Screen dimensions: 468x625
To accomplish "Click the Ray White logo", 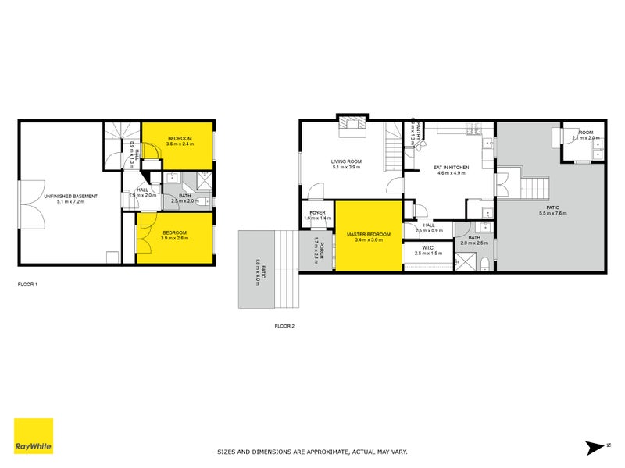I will point(34,436).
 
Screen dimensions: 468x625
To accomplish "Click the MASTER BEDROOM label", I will point(368,233).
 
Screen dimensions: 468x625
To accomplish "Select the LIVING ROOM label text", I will point(346,161).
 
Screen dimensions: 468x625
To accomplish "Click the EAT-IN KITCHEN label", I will point(451,167).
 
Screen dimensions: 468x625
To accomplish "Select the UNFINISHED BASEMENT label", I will point(71,196).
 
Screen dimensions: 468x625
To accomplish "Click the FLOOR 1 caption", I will point(27,285).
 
